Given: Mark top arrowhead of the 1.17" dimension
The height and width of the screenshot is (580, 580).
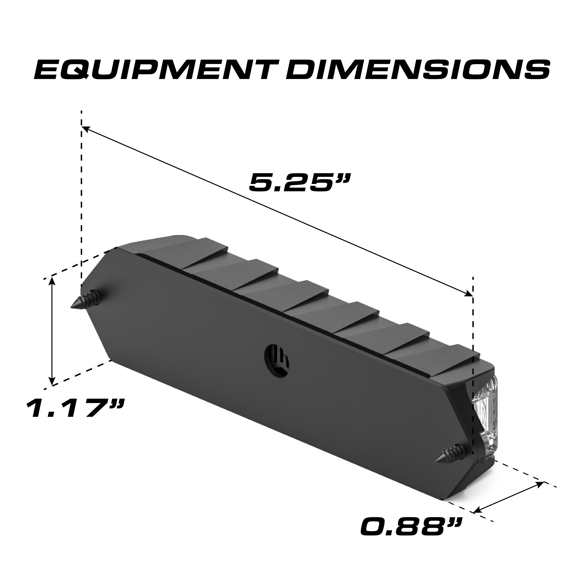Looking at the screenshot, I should (53, 279).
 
